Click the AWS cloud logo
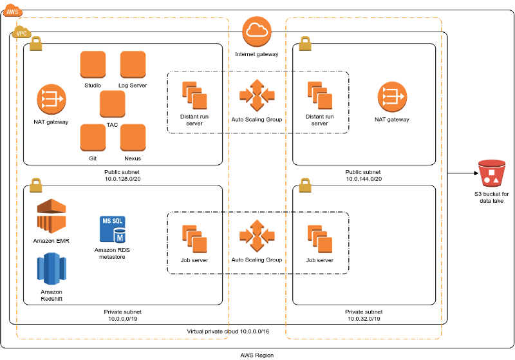pos(12,10)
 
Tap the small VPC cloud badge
pos(21,32)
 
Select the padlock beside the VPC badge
pos(36,44)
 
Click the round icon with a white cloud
pos(257,31)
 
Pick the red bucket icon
pos(492,173)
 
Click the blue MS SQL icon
pos(112,229)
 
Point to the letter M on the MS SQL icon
pos(120,238)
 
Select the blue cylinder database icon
pos(51,269)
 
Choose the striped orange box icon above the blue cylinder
pos(51,216)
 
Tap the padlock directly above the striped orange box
pos(36,185)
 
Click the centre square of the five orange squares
pos(113,103)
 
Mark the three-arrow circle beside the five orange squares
pos(51,99)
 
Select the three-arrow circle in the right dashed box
pos(392,97)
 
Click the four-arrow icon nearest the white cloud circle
pos(257,95)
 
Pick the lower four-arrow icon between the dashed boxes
pos(257,236)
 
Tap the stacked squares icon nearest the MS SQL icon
pos(194,238)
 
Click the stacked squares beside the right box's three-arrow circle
pos(320,95)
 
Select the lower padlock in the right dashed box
pos(305,185)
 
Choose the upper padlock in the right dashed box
pos(305,44)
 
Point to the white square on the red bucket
pos(492,173)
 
